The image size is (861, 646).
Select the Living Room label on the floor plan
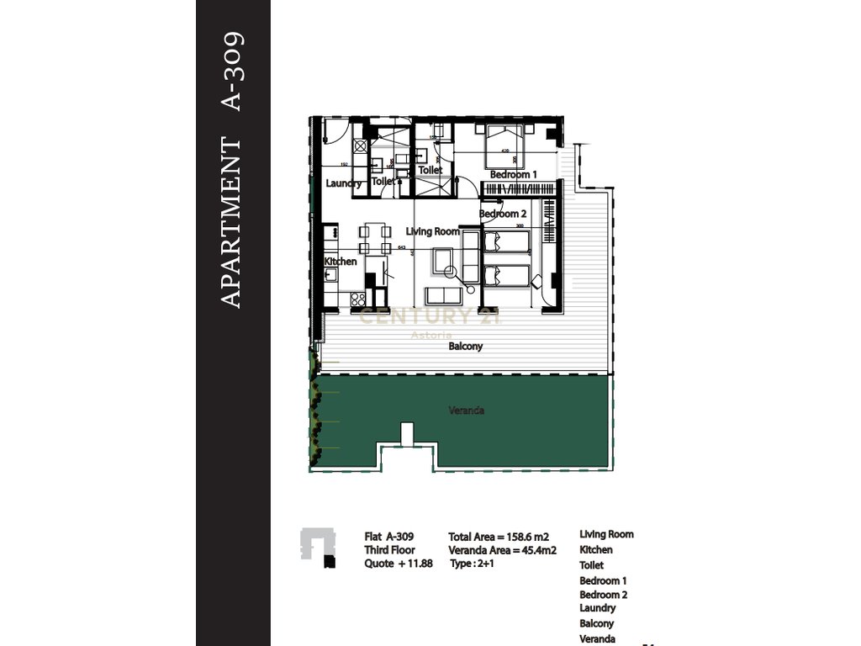coord(433,231)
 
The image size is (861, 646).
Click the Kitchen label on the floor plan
coord(341,262)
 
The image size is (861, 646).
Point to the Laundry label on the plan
coord(343,183)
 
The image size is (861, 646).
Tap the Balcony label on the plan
coord(465,347)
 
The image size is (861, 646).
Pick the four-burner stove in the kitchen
coord(357,298)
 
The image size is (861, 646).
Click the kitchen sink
coord(330,274)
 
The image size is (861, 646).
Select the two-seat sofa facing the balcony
coord(443,296)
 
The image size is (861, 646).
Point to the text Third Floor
coord(389,550)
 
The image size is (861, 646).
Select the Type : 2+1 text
coord(473,564)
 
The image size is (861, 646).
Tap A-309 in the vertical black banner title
coord(231,71)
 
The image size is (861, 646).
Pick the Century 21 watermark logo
coord(430,317)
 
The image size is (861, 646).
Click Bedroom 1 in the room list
coord(602,580)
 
